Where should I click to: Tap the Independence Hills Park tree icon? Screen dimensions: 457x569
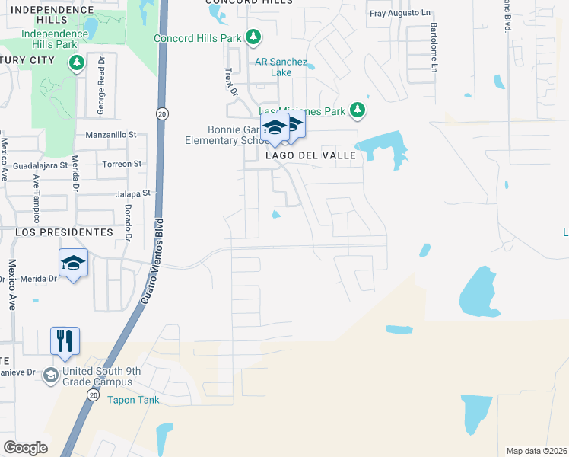point(76,62)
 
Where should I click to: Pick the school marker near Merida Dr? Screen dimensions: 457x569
point(73,264)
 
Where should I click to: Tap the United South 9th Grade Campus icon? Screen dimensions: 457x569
point(50,374)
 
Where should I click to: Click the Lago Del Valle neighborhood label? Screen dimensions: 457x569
point(310,155)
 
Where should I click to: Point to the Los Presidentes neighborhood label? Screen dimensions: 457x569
point(63,232)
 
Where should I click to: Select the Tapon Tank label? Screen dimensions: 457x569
point(130,399)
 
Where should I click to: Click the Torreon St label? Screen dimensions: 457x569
point(122,164)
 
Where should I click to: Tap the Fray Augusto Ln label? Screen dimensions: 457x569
point(400,14)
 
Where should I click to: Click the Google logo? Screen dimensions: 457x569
point(25,448)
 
